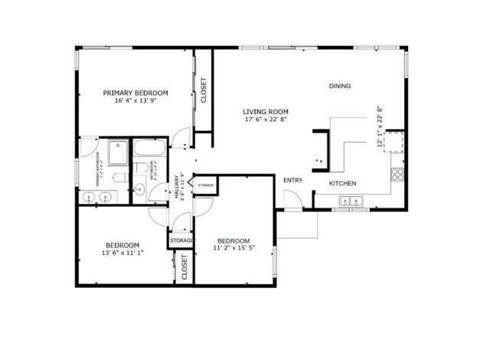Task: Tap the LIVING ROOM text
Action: click(x=264, y=110)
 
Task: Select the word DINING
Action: click(x=340, y=86)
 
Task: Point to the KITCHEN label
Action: click(x=342, y=184)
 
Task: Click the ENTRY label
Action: click(x=292, y=181)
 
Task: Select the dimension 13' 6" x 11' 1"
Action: click(x=122, y=252)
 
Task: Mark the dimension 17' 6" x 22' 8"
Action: click(x=264, y=119)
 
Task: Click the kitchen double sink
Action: click(x=351, y=202)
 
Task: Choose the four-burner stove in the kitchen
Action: click(x=397, y=174)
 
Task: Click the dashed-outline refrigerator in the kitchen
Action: click(x=395, y=142)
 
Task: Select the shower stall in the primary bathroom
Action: click(x=118, y=153)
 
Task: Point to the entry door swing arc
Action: click(x=292, y=198)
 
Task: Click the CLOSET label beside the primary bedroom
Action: click(x=203, y=90)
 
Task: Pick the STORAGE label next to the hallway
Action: click(x=205, y=185)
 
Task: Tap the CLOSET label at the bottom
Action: click(x=185, y=267)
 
